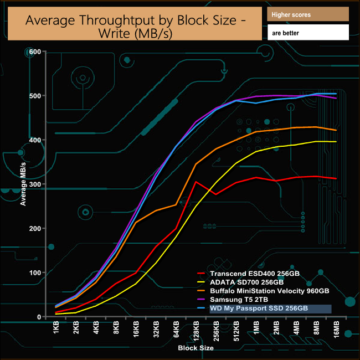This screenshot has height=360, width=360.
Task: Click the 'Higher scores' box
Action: pos(307,14)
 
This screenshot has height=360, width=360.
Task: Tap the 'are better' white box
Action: pos(307,33)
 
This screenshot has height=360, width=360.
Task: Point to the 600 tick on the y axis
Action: pos(35,52)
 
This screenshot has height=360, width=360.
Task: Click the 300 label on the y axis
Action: pos(35,184)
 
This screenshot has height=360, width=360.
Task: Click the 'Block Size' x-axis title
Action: pos(196,348)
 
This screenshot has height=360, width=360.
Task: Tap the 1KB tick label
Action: pos(56,330)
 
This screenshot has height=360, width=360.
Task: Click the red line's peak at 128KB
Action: pos(196,181)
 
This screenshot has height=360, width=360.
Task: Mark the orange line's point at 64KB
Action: pos(176,204)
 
